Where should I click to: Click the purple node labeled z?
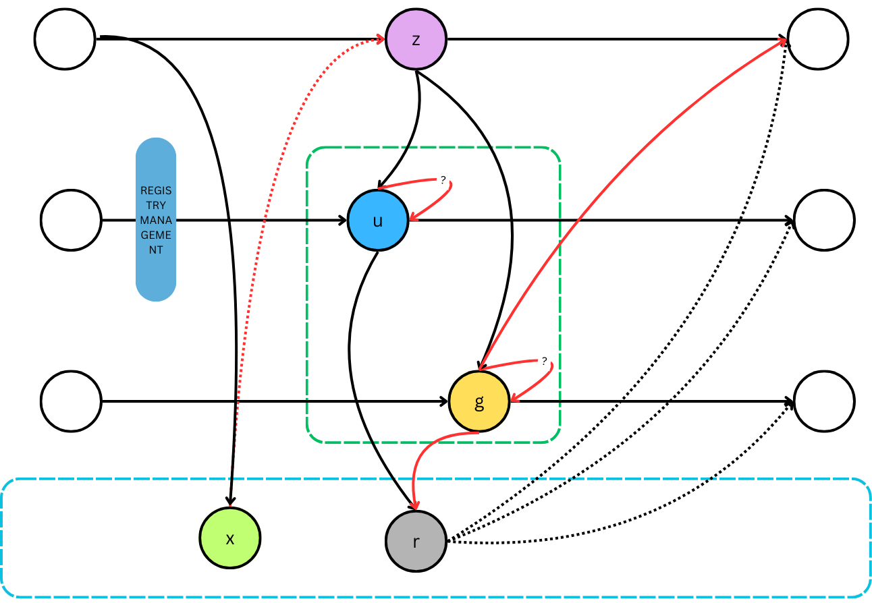coord(416,40)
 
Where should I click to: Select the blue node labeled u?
coord(378,221)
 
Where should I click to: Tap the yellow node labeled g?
coord(479,402)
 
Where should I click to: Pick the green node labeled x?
coord(230,538)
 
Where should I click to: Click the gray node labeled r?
coord(416,541)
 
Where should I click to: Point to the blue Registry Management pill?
coord(156,220)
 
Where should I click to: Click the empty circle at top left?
coord(65,39)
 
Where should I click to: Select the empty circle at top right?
coord(817,39)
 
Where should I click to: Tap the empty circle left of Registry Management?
coord(71,220)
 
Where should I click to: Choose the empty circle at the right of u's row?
coord(824,220)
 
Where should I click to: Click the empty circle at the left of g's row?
coord(71,401)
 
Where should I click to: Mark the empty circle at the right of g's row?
coord(824,401)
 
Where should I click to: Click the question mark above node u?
coord(443,179)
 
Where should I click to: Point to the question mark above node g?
coord(544,361)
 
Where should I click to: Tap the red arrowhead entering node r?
coord(415,506)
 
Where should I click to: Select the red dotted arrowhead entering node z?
coord(380,40)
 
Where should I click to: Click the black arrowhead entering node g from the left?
coord(444,402)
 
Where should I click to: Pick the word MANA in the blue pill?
coord(156,220)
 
